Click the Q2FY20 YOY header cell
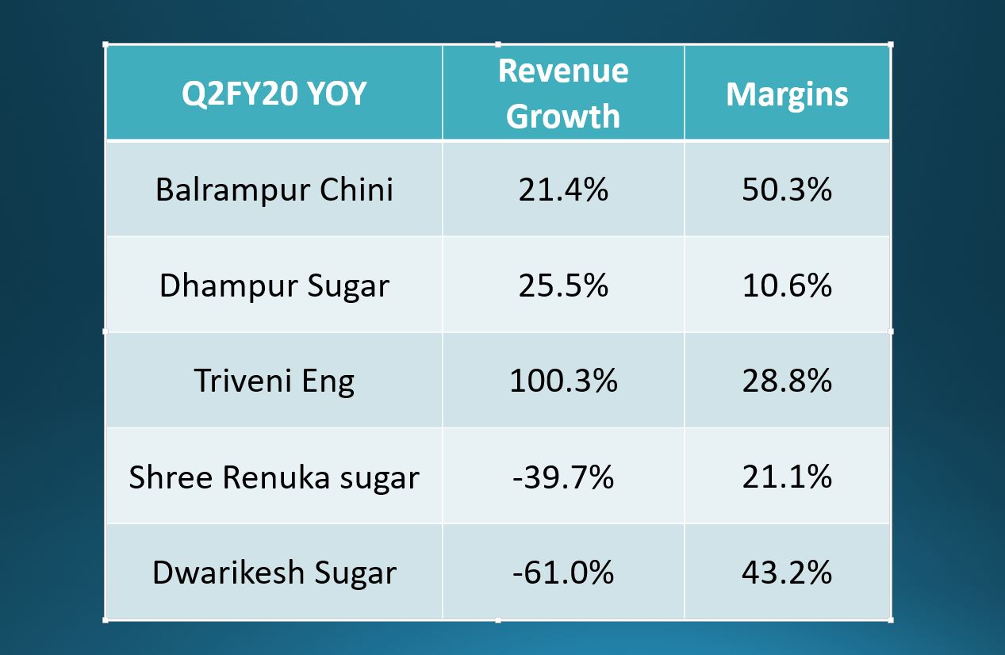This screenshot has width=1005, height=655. click(x=274, y=94)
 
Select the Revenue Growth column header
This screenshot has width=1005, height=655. click(x=563, y=94)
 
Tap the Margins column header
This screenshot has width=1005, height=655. click(x=787, y=94)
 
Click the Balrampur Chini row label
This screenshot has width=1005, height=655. click(x=274, y=190)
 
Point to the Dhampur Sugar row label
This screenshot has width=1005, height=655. click(x=274, y=285)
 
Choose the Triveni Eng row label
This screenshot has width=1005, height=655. click(x=274, y=381)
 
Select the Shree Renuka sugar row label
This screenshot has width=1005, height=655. click(x=274, y=477)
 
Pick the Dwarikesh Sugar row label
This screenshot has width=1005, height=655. click(x=274, y=573)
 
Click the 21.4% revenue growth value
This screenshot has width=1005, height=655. click(x=563, y=190)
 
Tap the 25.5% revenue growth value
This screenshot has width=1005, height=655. click(x=563, y=285)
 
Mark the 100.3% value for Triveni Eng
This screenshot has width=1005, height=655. click(x=563, y=381)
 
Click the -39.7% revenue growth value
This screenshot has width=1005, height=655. click(x=563, y=477)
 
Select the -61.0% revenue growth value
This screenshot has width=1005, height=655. click(x=563, y=573)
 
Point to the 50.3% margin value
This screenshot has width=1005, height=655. click(x=787, y=190)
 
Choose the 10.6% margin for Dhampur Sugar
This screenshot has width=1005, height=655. click(x=787, y=285)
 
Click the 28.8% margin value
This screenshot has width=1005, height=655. click(x=787, y=381)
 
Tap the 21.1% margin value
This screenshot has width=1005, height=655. click(x=787, y=477)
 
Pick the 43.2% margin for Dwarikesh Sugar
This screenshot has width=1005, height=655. click(x=787, y=573)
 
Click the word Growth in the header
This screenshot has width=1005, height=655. click(x=563, y=117)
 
